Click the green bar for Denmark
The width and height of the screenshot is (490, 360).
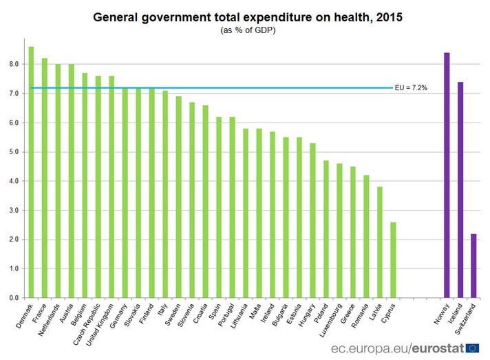(x=31, y=172)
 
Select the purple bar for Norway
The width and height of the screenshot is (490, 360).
(x=447, y=175)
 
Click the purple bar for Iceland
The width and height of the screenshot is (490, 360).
(x=460, y=189)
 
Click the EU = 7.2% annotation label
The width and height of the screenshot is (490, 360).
(x=411, y=88)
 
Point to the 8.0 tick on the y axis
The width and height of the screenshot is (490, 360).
(x=14, y=64)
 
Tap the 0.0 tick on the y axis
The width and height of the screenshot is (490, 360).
(x=14, y=298)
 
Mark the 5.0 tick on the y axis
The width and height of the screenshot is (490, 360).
(x=14, y=152)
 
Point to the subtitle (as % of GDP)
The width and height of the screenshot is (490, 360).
(x=246, y=30)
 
